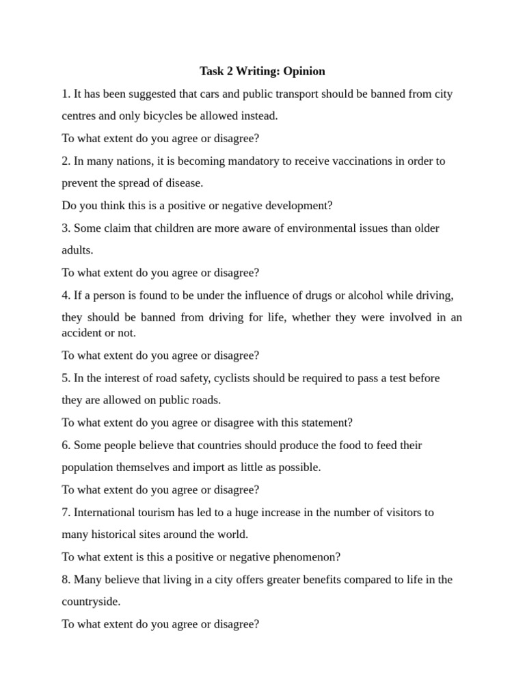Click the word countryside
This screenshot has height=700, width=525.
[x=91, y=602]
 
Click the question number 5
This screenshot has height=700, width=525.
[x=66, y=378]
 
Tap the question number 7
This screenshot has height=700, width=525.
[x=66, y=512]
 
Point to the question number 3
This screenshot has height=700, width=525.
[x=66, y=228]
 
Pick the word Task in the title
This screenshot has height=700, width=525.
[x=212, y=71]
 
